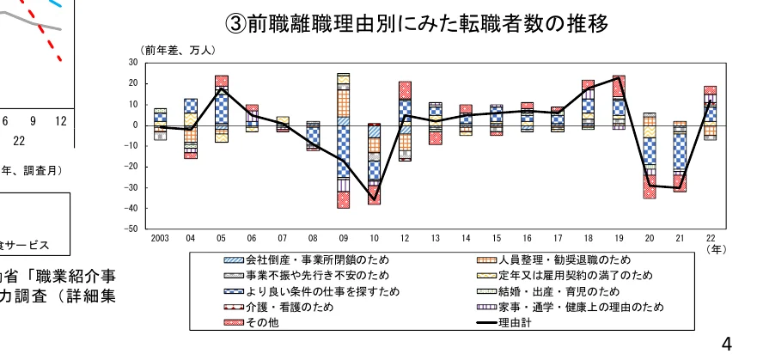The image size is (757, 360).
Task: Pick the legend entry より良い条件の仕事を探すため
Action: click(312, 291)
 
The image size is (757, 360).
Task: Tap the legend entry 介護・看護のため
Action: click(280, 307)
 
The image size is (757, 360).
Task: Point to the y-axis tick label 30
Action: click(132, 63)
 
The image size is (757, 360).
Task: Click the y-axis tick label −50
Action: click(130, 229)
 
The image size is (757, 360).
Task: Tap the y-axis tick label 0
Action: click(135, 125)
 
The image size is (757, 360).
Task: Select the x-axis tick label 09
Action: click(343, 239)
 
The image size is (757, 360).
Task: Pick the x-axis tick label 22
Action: click(710, 239)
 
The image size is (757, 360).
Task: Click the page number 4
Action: click(727, 345)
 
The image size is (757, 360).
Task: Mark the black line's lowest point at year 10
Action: click(374, 200)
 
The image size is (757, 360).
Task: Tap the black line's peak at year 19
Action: click(618, 77)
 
